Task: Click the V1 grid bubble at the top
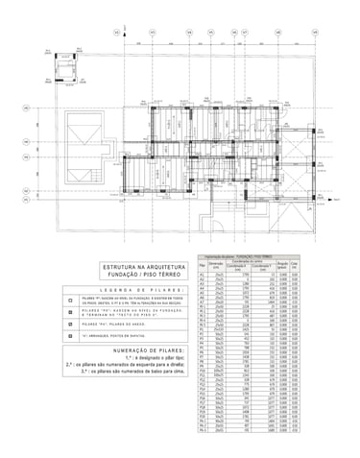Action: pos(116,34)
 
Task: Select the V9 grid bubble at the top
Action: pos(315,34)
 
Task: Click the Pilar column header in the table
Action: pos(202,266)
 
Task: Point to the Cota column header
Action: pos(295,266)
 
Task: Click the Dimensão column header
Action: pos(220,266)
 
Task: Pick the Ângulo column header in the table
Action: pos(282,266)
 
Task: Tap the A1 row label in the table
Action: pos(202,275)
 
